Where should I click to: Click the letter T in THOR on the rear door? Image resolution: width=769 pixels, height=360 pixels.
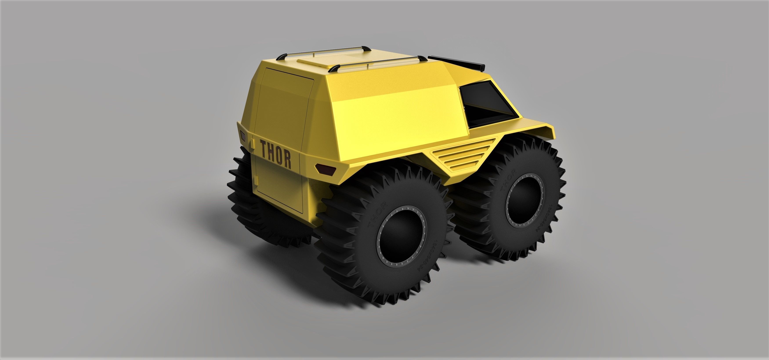point(265,149)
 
